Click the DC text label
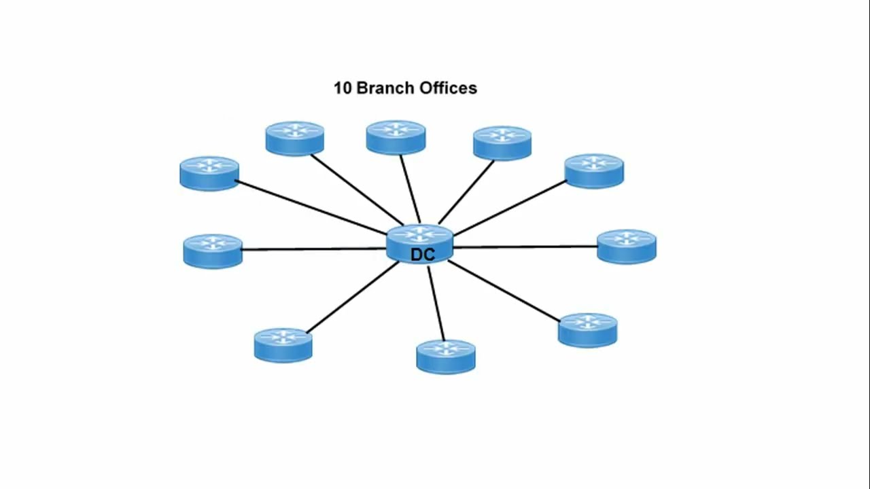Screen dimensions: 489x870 [422, 255]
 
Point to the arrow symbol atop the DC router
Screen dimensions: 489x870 [420, 235]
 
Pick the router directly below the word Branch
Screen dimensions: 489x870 [396, 137]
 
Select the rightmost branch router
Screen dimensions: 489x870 [627, 246]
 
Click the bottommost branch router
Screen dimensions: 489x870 [446, 357]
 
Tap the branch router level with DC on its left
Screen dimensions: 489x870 [213, 251]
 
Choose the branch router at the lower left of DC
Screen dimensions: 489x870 [283, 345]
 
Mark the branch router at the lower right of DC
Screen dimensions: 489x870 [588, 330]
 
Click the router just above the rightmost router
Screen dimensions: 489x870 [594, 170]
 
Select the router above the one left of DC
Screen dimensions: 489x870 [209, 173]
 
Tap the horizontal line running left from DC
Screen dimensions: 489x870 [313, 249]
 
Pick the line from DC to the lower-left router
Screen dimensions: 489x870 [352, 297]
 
